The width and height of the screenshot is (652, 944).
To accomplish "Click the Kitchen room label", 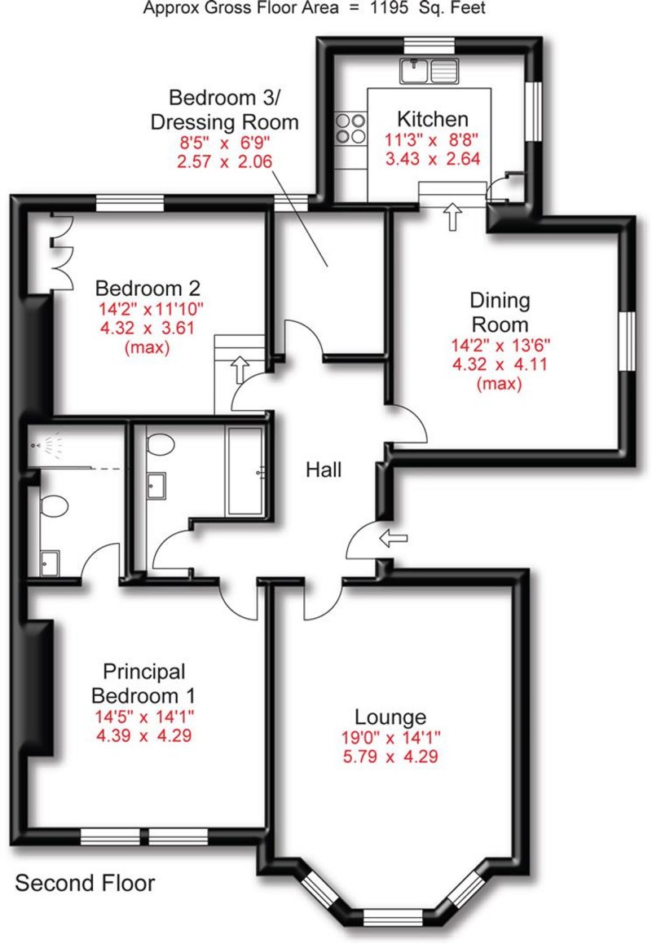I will [x=431, y=120].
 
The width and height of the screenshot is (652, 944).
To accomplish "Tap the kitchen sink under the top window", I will [x=429, y=71].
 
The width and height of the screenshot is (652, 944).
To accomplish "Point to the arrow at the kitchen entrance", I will [x=452, y=217].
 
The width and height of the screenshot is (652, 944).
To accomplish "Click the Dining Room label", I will [x=500, y=311].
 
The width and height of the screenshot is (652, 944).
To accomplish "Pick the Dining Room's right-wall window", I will [x=628, y=342].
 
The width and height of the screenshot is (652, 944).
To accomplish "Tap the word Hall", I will [x=324, y=470].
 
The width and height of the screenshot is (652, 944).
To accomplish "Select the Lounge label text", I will [x=390, y=717].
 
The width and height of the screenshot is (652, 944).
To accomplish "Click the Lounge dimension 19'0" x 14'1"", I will [x=390, y=738].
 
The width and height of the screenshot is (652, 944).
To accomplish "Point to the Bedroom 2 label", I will [x=148, y=288].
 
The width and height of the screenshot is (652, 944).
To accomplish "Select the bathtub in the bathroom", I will [x=245, y=470].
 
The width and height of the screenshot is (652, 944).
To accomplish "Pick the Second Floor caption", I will [x=85, y=883].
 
